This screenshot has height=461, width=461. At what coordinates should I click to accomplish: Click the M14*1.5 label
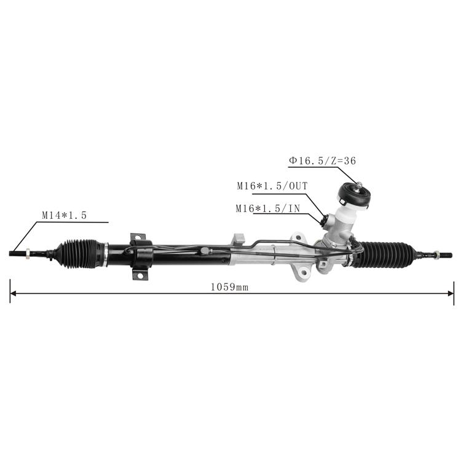point(65,216)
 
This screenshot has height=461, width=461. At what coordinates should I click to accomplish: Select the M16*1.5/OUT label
point(272,186)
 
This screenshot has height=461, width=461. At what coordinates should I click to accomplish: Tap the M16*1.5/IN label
point(268,208)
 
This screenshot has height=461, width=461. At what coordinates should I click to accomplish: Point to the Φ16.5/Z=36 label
point(322,160)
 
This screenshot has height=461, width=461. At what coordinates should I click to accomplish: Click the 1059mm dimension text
point(230,287)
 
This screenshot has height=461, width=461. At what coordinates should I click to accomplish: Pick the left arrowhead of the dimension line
point(14,293)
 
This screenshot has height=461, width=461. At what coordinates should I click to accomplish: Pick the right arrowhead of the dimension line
point(451,293)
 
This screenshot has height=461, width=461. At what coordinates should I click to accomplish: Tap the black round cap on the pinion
point(353,195)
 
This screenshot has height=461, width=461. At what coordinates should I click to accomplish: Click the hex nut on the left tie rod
point(28,253)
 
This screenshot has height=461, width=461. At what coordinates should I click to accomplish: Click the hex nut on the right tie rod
point(436,254)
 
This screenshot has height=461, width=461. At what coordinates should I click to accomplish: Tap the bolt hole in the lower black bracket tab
point(140,275)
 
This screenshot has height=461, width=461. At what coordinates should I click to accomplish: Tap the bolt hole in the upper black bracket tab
point(138,237)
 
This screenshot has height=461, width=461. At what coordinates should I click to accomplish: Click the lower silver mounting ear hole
point(304,272)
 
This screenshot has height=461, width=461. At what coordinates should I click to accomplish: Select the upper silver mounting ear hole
point(299,237)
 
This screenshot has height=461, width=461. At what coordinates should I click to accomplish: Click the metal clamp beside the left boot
point(105,254)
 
